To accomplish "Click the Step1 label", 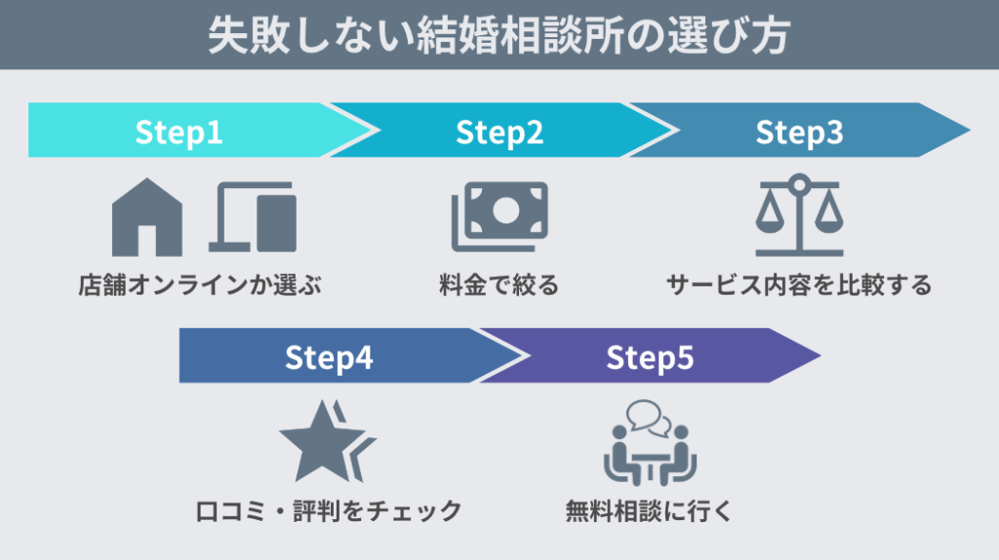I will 179,133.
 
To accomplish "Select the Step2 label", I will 499,133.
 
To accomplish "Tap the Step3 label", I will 799,133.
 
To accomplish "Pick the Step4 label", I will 329,358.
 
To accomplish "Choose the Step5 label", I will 650,358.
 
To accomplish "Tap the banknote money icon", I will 499,216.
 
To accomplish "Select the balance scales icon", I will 799,215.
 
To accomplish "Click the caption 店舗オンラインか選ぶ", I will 200,286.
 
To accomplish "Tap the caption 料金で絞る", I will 499,286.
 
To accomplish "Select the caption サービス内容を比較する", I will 799,286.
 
